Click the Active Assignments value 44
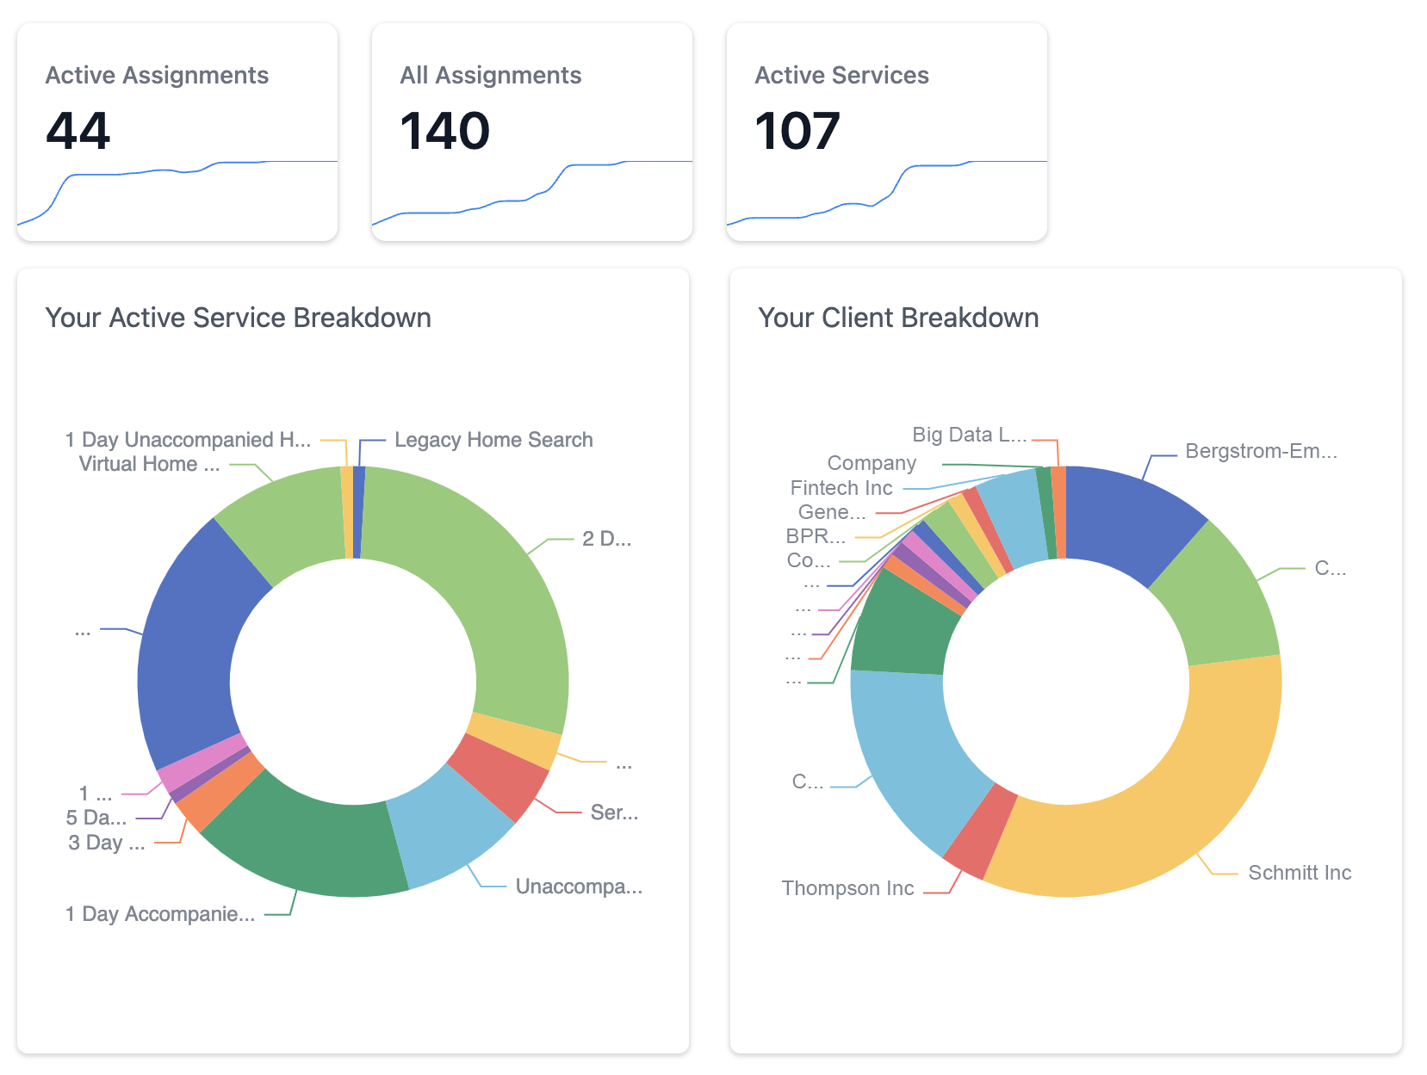coord(78,131)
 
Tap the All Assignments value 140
coord(445,131)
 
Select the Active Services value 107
coord(797,131)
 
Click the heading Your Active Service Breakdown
coord(238,318)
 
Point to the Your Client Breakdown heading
coord(898,318)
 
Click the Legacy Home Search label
coord(493,440)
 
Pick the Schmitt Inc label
coord(1300,873)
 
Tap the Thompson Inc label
coord(847,888)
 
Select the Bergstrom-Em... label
coord(1261,451)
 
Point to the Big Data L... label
coord(969,435)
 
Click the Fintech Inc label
coord(841,488)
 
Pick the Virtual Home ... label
coord(149,464)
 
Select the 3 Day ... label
coord(107,843)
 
